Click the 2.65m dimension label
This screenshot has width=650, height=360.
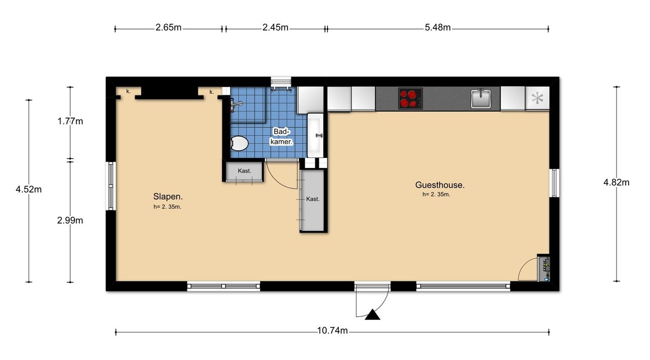click(168, 27)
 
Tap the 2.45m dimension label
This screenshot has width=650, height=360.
click(275, 27)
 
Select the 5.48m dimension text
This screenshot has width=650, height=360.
click(438, 27)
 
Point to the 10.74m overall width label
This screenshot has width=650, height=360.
click(332, 331)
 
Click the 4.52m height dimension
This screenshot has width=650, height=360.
click(28, 189)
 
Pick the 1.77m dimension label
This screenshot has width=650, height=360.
click(70, 121)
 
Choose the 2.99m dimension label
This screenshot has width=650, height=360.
click(70, 220)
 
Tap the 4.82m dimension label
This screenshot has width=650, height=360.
click(616, 182)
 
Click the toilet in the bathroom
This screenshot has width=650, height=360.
click(239, 143)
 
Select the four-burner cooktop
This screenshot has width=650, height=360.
click(410, 99)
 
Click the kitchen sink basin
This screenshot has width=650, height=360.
click(481, 99)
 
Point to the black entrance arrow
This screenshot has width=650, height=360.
click(372, 315)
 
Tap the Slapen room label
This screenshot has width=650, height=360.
click(168, 197)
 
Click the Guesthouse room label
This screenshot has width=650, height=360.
click(440, 185)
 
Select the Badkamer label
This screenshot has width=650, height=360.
click(281, 137)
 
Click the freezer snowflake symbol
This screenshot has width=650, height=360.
click(537, 99)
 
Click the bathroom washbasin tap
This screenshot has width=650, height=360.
click(319, 136)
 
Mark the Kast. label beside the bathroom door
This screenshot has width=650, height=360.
click(244, 171)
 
